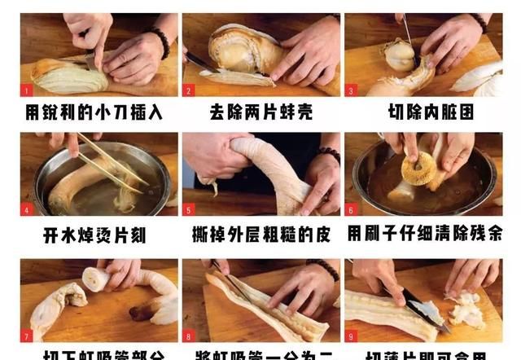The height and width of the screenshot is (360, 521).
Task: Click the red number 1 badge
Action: coord(26,90)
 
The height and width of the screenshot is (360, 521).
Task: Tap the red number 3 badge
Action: coord(351,90)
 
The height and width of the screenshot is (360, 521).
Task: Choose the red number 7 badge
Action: coord(26,335)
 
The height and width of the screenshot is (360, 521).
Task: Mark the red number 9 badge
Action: coord(351,335)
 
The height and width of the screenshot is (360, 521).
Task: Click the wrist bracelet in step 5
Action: coord(329,155)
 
